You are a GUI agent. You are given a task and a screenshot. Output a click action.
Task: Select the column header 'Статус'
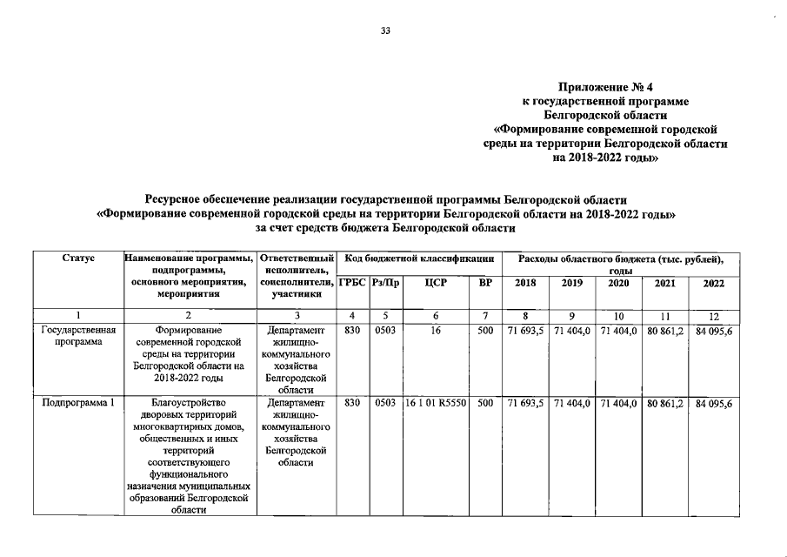[79, 258]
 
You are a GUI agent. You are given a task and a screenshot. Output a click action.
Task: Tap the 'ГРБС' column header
[352, 283]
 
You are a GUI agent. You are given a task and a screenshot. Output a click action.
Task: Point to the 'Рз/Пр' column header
[385, 283]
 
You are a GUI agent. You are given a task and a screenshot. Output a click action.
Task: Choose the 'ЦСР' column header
[436, 283]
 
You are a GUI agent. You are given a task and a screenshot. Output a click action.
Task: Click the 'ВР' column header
[485, 283]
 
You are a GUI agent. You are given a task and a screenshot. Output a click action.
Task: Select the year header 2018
[525, 283]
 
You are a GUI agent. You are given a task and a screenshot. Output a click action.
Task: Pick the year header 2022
[713, 283]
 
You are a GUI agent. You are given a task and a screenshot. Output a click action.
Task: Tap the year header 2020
[618, 283]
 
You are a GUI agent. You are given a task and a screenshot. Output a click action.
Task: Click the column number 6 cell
[436, 315]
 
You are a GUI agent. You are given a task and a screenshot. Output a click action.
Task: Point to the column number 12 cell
[713, 315]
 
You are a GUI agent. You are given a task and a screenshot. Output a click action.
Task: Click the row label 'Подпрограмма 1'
[78, 403]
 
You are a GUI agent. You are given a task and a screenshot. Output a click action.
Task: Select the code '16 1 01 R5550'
[436, 403]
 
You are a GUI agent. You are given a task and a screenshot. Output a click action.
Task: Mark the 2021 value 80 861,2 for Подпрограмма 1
[665, 403]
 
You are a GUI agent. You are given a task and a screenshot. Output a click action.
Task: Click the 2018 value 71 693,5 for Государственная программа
[525, 331]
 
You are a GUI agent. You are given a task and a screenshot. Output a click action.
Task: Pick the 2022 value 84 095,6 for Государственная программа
[713, 331]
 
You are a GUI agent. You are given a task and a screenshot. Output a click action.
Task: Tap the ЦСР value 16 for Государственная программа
[436, 331]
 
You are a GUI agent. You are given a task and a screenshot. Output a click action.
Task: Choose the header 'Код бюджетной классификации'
[419, 258]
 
